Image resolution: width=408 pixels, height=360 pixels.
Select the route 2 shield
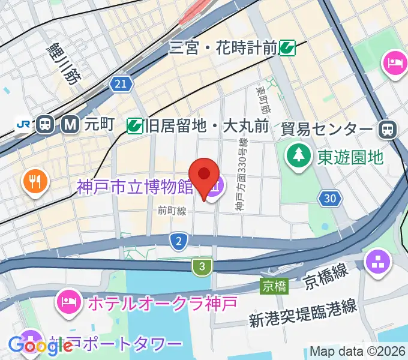click(x=178, y=242)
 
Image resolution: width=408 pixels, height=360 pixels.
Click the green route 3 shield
click(x=203, y=266)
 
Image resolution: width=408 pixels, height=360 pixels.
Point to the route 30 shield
click(x=328, y=199)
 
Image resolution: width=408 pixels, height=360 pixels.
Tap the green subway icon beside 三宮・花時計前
click(x=288, y=47)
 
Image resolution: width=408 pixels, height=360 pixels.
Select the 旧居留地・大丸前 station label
click(x=206, y=126)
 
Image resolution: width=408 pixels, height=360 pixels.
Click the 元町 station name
click(x=99, y=124)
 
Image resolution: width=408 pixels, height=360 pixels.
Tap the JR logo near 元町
click(x=24, y=124)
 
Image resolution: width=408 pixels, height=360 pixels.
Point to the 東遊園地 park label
click(x=350, y=157)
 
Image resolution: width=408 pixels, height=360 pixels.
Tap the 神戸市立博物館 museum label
click(x=135, y=187)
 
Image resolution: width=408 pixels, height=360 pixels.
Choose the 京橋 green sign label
click(x=274, y=287)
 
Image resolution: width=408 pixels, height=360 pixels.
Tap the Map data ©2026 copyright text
click(x=358, y=351)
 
